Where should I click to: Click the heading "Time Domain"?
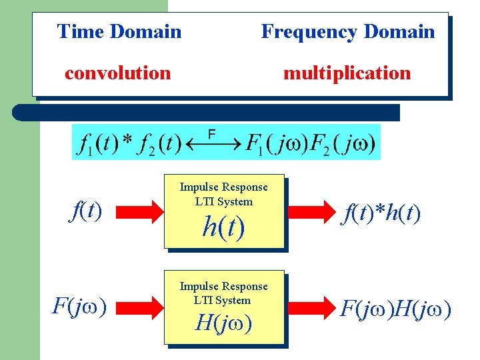click(119, 31)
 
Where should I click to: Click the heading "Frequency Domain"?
click(347, 31)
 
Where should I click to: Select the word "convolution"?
click(117, 73)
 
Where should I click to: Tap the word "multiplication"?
click(347, 73)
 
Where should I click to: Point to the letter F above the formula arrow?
click(211, 134)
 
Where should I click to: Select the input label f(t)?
click(86, 211)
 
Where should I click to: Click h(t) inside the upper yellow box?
click(223, 228)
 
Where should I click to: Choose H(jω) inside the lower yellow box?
click(223, 323)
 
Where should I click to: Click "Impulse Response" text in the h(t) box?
click(223, 187)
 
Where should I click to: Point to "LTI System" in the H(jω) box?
click(223, 301)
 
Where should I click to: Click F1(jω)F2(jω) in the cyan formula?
click(311, 143)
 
